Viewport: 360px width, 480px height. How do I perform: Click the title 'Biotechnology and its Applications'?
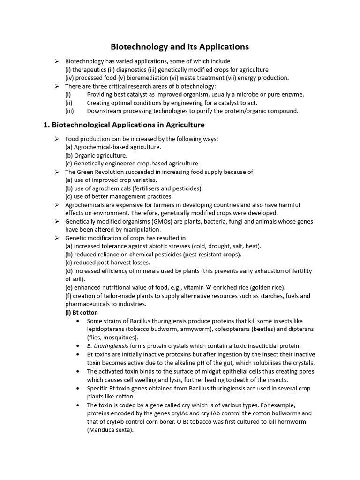[180, 47]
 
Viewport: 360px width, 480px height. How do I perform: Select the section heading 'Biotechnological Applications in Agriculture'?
[128, 125]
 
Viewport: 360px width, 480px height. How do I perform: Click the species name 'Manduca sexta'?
[110, 430]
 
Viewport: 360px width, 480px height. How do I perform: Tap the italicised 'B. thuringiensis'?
[108, 345]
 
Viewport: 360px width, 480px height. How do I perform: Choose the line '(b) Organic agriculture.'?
[96, 155]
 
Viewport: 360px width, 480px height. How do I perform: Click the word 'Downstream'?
[105, 111]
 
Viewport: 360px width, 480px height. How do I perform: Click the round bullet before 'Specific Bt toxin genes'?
[76, 388]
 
